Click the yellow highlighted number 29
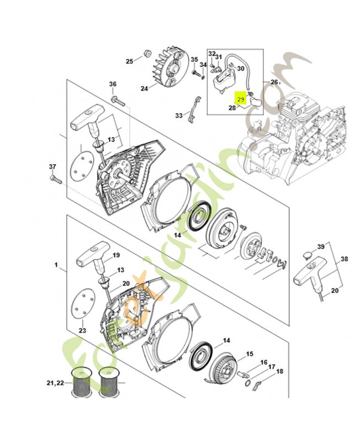click(241, 99)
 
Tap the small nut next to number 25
click(147, 54)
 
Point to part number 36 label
click(113, 84)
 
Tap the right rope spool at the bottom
click(109, 383)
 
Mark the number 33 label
click(178, 115)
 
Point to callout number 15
click(249, 354)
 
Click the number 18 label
click(279, 372)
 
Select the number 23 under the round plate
click(83, 330)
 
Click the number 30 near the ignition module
click(240, 69)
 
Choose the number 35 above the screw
click(194, 59)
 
